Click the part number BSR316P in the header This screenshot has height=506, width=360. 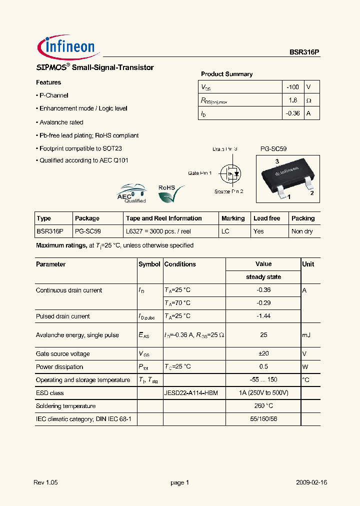304,52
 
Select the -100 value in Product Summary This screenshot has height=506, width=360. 292,87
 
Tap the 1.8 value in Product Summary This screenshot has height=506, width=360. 293,100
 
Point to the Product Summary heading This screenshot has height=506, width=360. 226,74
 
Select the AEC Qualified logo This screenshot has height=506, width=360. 131,193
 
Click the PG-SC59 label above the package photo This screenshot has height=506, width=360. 273,149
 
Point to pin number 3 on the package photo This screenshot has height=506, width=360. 276,161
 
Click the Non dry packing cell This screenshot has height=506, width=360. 302,231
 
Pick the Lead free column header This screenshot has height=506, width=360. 266,218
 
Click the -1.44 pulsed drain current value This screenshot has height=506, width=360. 263,316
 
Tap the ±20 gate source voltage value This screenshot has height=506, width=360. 263,353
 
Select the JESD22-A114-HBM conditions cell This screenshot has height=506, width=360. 191,393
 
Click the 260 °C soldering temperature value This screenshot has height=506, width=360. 263,406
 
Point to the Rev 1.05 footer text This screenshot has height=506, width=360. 46,482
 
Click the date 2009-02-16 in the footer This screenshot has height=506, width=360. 311,482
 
